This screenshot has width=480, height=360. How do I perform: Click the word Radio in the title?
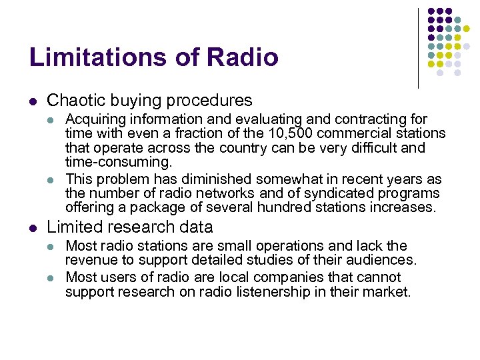(243, 57)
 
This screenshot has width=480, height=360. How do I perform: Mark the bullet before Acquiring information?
(52, 120)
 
